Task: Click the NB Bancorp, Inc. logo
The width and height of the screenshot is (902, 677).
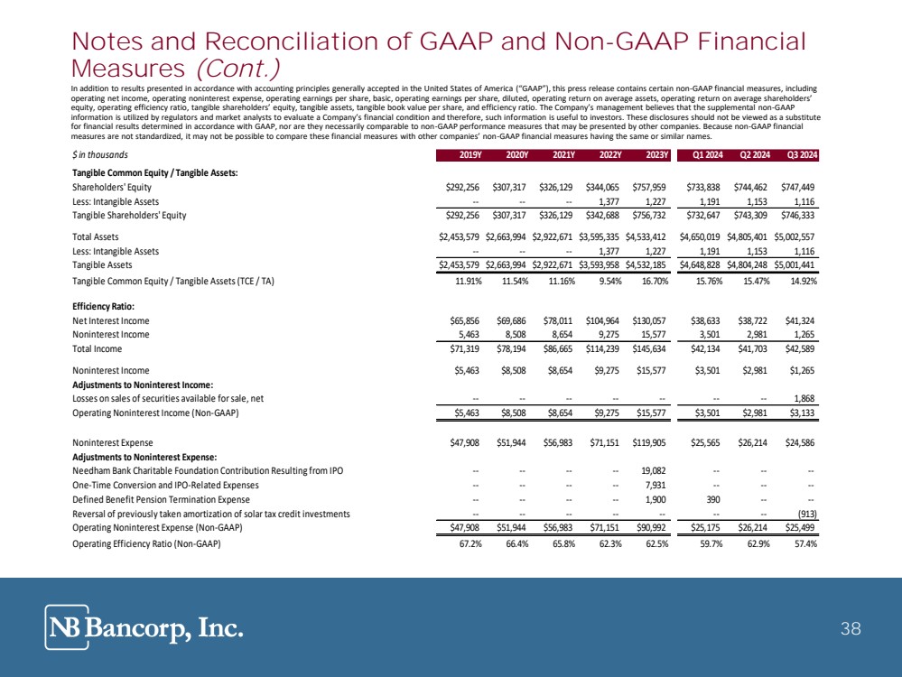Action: tap(144, 626)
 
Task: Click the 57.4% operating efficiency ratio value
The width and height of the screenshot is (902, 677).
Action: tap(803, 543)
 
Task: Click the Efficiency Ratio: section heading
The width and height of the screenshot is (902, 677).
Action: tap(104, 306)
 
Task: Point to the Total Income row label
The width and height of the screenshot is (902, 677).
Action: tap(98, 348)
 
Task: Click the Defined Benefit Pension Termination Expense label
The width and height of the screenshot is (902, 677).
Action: tap(160, 499)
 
